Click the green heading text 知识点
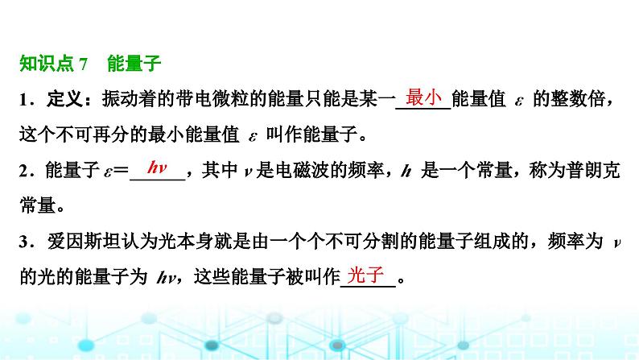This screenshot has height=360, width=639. point(47,64)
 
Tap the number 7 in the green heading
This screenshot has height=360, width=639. point(83,64)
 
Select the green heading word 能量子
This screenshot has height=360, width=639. point(134,64)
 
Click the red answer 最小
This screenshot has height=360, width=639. point(423,97)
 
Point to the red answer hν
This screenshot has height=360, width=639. point(157,168)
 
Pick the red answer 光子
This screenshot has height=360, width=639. point(365,275)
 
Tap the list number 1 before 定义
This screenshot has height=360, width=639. point(23,100)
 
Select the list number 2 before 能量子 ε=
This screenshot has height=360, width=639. point(23,171)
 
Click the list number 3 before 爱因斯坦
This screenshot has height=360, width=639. point(23,242)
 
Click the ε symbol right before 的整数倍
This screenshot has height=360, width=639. point(519,101)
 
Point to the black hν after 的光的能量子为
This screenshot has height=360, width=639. point(167,278)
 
